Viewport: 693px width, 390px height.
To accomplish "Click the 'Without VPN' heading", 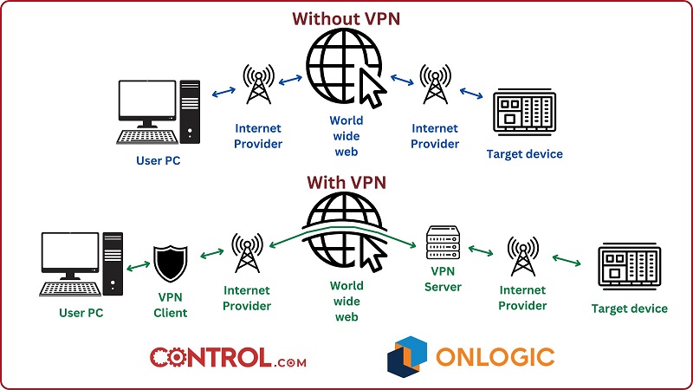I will click(x=346, y=18).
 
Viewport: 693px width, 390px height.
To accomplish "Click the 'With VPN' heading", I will click(x=346, y=183).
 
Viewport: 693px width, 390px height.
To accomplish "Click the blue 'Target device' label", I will click(x=524, y=154).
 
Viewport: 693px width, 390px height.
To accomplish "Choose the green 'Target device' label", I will click(x=629, y=309).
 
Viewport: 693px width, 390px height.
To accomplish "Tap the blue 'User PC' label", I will click(x=159, y=160).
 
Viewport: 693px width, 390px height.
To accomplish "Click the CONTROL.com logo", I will click(x=227, y=357).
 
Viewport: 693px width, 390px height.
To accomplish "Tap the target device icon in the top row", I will click(x=523, y=112).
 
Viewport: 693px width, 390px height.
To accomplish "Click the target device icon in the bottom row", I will click(x=630, y=267).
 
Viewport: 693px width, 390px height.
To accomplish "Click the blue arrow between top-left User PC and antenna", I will click(x=225, y=90).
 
